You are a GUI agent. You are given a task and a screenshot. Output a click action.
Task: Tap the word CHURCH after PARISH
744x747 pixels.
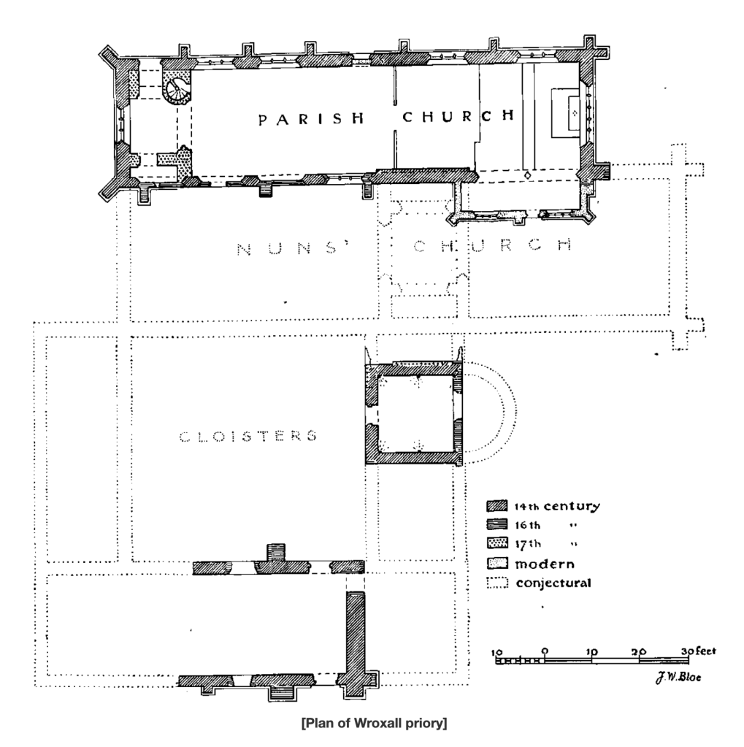[x=454, y=116]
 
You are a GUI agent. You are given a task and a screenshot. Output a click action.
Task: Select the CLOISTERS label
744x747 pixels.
[x=248, y=437]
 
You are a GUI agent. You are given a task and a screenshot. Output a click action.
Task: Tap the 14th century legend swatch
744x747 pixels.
[x=497, y=506]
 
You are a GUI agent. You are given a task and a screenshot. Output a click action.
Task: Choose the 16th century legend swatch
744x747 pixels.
[x=497, y=525]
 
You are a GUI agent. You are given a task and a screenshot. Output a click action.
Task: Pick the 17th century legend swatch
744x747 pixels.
[x=497, y=544]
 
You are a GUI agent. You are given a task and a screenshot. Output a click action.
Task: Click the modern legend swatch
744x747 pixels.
[x=497, y=564]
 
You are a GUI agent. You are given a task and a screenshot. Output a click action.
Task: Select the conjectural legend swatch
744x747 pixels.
[x=497, y=583]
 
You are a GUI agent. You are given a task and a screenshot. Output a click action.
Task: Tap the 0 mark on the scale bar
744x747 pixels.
[x=545, y=650]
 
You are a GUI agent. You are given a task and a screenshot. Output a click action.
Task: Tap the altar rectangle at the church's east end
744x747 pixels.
[x=567, y=113]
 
